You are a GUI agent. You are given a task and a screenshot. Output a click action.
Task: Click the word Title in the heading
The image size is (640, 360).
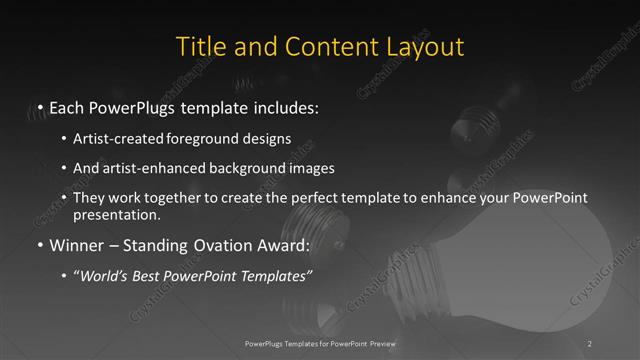pos(200,47)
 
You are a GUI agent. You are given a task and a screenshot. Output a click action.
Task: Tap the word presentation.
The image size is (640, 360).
pos(115,214)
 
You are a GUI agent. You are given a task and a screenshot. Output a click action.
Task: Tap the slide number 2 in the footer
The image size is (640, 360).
pos(589,343)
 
